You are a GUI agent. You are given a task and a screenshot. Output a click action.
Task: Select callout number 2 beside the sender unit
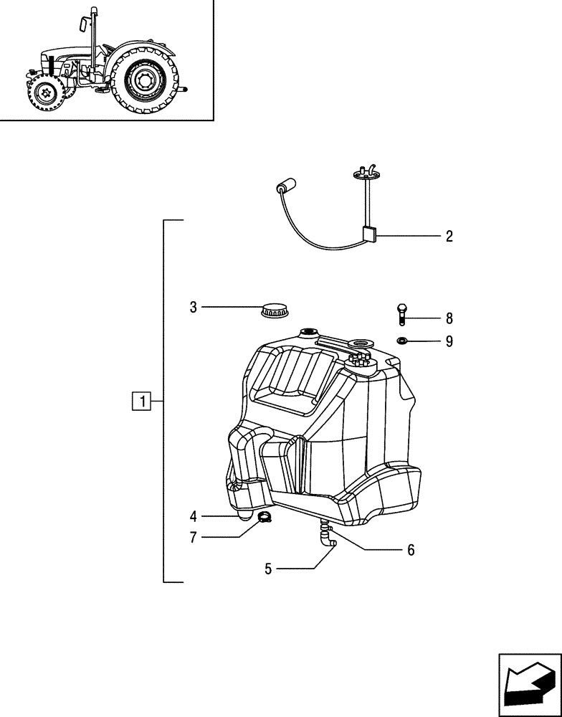449,237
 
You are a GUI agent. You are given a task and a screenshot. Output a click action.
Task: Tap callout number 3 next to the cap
193,308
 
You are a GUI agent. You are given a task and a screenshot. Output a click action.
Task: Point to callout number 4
194,516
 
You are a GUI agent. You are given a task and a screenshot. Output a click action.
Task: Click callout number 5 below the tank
268,569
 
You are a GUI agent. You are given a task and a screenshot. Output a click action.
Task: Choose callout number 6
411,550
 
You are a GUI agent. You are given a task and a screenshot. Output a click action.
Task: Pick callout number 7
194,537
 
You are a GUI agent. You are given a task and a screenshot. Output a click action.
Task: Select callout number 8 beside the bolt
449,318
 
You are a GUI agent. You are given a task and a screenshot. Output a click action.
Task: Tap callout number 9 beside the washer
449,341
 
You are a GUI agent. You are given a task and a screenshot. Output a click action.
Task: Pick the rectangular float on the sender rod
369,234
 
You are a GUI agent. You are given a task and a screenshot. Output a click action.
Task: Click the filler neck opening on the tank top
309,332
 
